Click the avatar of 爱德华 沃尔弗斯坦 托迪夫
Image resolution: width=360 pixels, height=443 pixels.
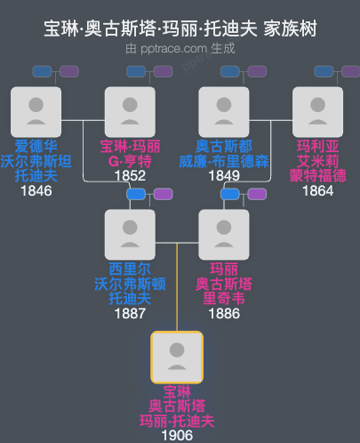click(x=36, y=112)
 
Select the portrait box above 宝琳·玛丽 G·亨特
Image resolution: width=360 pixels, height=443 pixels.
click(x=130, y=112)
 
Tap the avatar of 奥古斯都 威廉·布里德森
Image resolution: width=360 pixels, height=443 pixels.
click(x=224, y=112)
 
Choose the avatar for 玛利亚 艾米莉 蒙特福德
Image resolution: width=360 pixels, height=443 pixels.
click(x=318, y=112)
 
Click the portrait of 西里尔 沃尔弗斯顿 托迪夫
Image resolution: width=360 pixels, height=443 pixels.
click(x=130, y=235)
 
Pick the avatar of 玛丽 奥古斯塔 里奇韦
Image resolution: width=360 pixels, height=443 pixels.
click(x=224, y=235)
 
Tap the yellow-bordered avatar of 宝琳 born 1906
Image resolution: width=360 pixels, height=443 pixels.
click(x=177, y=357)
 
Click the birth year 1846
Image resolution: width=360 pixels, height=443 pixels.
click(x=36, y=191)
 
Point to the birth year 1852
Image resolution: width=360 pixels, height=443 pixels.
click(x=130, y=177)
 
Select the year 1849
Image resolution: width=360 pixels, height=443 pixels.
click(x=224, y=177)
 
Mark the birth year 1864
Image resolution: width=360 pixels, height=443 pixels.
click(x=318, y=191)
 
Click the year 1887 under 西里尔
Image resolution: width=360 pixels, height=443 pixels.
click(x=130, y=314)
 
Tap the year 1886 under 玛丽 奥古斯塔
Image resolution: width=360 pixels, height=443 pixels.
click(x=224, y=314)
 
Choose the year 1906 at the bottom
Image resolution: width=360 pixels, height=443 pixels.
click(x=177, y=436)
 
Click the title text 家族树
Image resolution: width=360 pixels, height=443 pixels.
click(x=292, y=30)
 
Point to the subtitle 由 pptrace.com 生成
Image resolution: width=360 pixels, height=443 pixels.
click(x=180, y=49)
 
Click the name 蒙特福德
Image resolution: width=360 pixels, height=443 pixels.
click(x=318, y=176)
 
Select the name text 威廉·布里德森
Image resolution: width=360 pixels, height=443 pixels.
click(x=224, y=162)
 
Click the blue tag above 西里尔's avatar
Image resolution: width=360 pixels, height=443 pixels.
click(x=136, y=194)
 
